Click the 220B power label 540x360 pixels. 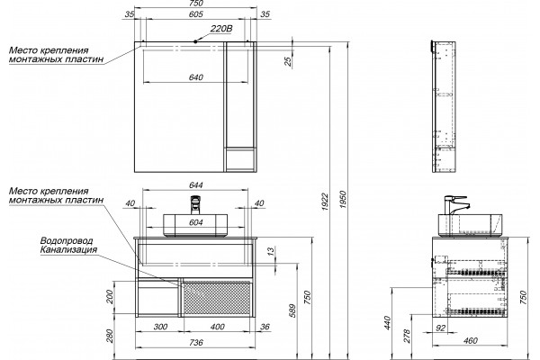[221, 29]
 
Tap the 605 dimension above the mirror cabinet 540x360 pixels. [195, 14]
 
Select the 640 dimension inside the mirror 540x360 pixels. [195, 77]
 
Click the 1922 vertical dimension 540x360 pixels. [325, 202]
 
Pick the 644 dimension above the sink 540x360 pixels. [195, 185]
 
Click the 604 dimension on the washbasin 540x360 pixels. [195, 223]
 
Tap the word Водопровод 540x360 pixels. [67, 240]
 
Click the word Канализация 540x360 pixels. [68, 249]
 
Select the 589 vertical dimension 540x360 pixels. [292, 310]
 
